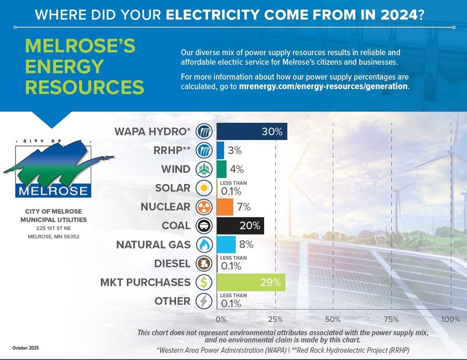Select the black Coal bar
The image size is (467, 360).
(x=240, y=226)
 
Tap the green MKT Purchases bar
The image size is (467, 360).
(x=251, y=282)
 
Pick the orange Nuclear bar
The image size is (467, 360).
(x=225, y=207)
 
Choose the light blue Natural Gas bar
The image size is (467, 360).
(x=226, y=245)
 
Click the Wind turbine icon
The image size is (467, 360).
(x=204, y=170)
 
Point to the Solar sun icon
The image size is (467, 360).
(x=204, y=188)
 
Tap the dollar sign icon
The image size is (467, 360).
(x=204, y=283)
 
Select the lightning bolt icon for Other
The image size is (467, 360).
(x=204, y=301)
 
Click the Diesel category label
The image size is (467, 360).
(x=172, y=264)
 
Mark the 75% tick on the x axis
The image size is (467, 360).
(x=391, y=319)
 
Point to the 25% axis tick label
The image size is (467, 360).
(x=275, y=319)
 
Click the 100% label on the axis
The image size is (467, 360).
(x=451, y=319)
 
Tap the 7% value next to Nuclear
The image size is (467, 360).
(x=244, y=207)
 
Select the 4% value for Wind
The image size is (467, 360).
(x=237, y=170)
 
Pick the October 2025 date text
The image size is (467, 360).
(x=26, y=348)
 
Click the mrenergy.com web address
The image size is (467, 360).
(x=323, y=86)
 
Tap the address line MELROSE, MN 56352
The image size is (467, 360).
(x=54, y=237)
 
